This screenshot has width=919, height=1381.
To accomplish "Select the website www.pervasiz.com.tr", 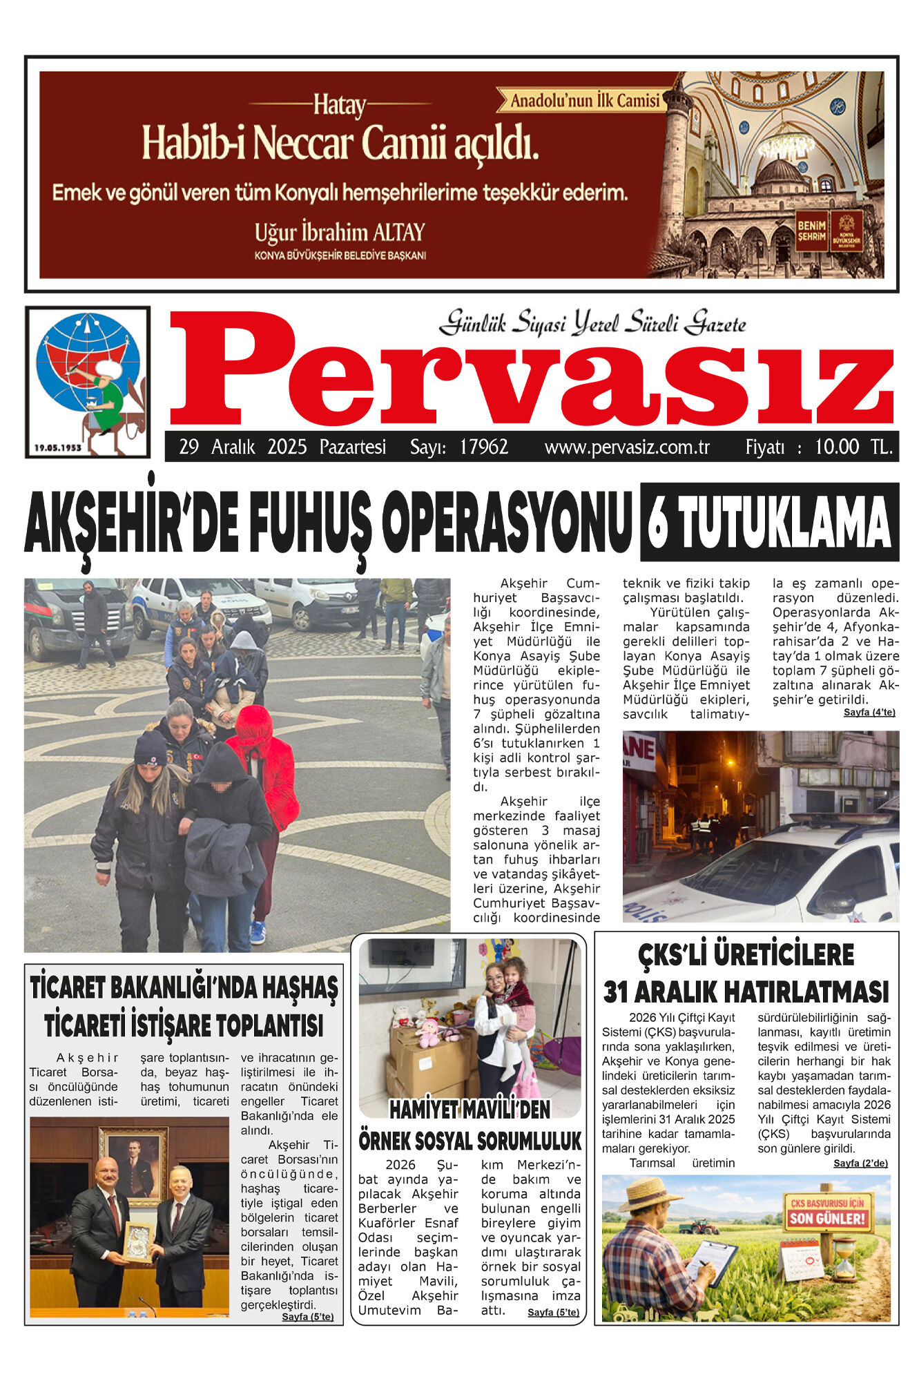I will click(x=627, y=447).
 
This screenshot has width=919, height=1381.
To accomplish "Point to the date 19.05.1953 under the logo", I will click(x=58, y=447).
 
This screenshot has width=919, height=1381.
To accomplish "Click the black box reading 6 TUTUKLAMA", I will click(x=769, y=522).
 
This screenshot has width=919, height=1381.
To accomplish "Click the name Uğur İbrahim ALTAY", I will click(x=340, y=233).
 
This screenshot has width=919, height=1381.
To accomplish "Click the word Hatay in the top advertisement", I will click(x=340, y=106).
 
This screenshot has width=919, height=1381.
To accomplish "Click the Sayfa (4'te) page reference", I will click(x=869, y=713).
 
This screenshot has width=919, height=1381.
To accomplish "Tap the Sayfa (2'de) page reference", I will click(x=860, y=1163).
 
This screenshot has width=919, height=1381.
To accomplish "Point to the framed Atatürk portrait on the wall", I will click(x=133, y=1163).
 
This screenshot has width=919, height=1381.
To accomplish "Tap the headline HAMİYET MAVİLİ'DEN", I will click(x=470, y=1110).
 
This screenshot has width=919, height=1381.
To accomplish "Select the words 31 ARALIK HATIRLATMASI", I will click(x=746, y=992).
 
